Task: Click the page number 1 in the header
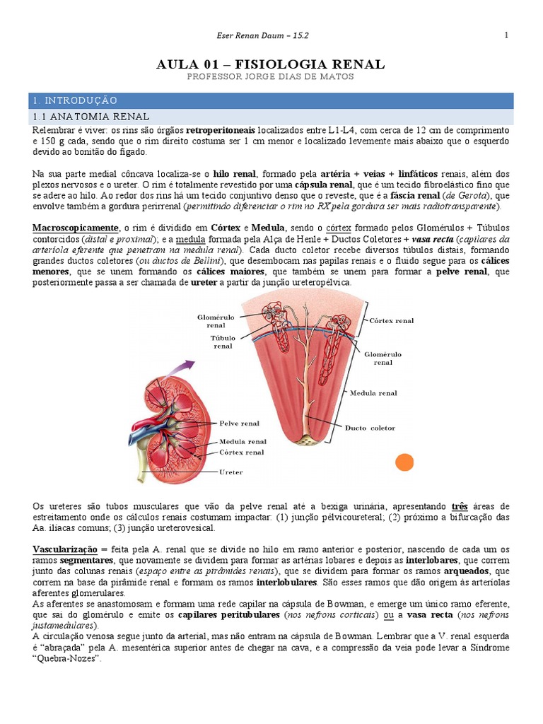(x=507, y=35)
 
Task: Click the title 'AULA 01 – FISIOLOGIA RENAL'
(x=271, y=64)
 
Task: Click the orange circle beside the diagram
(x=404, y=463)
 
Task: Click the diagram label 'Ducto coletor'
(x=370, y=428)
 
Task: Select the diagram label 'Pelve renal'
(x=240, y=424)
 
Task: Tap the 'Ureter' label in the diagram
(x=231, y=472)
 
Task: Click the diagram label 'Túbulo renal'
(x=223, y=342)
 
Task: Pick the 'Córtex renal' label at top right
(x=392, y=320)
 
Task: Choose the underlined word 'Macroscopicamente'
(x=76, y=228)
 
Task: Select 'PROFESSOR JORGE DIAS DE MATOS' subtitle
(x=271, y=77)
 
